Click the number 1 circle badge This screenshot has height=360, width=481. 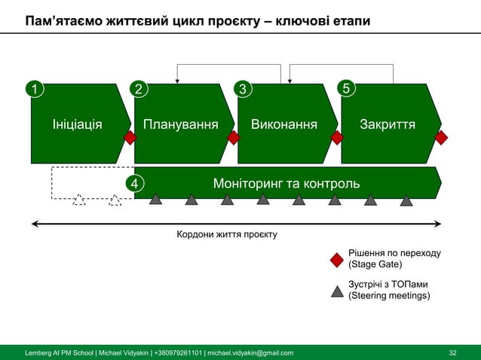(33, 90)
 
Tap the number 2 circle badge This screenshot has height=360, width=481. (137, 90)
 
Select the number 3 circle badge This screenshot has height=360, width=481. (242, 90)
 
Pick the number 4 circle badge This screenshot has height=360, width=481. (134, 183)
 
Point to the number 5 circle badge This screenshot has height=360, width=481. (346, 90)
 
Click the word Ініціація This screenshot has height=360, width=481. (77, 124)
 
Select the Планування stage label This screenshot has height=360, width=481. (181, 124)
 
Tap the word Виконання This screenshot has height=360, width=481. (284, 124)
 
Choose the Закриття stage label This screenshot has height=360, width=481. (388, 124)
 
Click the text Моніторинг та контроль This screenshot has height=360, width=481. (286, 183)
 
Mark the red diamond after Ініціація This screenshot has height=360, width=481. (130, 138)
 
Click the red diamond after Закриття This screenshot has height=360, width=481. (441, 138)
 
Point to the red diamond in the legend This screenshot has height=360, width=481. (337, 260)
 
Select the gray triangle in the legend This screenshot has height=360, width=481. (337, 291)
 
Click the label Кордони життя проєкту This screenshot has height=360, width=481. (226, 235)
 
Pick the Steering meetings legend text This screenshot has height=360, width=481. (389, 296)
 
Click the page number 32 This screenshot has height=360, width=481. (453, 352)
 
